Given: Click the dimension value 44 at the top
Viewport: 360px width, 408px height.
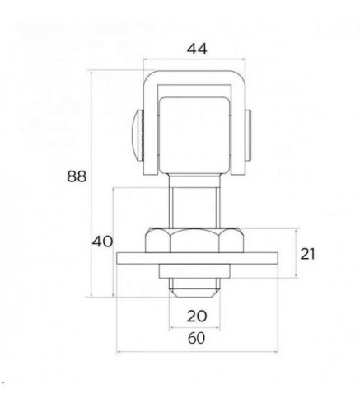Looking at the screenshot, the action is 197,49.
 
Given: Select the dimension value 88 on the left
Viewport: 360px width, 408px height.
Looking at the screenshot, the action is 77,176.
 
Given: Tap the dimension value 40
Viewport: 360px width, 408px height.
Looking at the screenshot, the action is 102,242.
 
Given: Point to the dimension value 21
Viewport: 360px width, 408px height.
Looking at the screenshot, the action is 307,254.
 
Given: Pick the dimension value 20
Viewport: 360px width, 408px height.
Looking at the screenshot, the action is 197,316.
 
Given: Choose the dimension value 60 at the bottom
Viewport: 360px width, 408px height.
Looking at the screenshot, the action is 197,338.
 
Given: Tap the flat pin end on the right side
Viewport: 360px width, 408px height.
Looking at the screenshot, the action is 248,135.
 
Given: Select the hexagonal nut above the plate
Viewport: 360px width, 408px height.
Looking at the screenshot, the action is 194,241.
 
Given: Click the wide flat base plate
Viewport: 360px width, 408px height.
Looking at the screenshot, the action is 198,258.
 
